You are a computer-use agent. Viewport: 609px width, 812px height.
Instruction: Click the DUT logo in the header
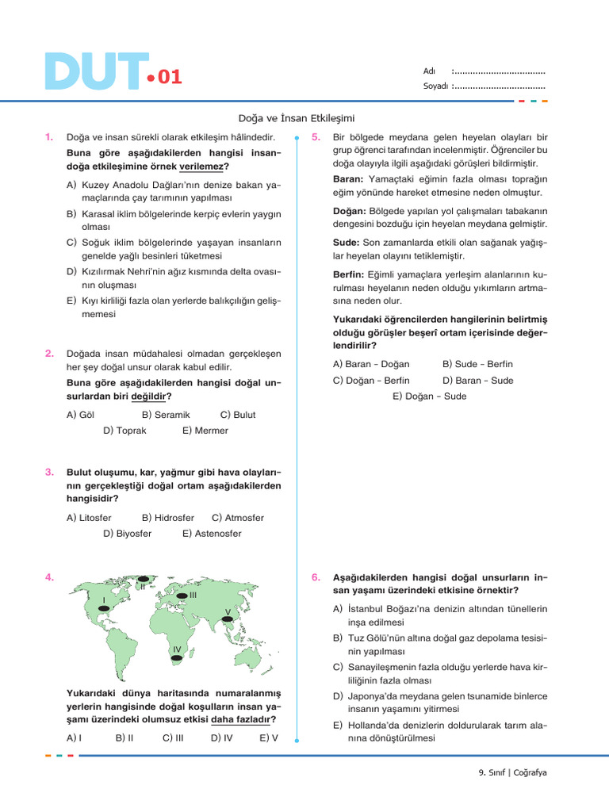(95, 73)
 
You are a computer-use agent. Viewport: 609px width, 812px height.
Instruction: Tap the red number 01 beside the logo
(170, 77)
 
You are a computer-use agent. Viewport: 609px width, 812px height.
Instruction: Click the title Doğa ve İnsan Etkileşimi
(296, 117)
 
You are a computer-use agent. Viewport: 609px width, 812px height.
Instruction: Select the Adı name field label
(430, 71)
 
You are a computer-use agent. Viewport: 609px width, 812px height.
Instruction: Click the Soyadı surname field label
(436, 86)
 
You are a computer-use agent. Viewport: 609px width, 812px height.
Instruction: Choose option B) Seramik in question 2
(166, 415)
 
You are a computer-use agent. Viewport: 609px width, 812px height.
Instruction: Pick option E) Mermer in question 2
(205, 431)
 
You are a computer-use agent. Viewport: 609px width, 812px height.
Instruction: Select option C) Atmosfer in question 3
(238, 518)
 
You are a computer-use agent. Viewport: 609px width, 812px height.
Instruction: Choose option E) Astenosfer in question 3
(213, 534)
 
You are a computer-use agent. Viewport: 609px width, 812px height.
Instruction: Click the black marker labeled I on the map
(103, 607)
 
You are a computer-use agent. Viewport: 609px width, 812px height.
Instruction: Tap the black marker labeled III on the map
(182, 595)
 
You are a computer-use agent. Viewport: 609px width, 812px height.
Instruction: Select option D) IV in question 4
(221, 737)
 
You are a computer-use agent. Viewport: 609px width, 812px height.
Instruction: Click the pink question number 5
(316, 137)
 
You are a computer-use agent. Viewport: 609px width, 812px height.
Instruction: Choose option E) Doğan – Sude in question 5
(429, 396)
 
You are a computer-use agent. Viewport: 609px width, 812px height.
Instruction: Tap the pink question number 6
(316, 577)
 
